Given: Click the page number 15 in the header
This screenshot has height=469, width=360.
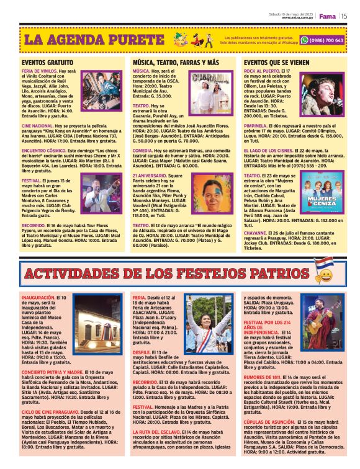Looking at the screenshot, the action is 344,16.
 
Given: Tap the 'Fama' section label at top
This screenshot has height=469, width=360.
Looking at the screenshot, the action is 327,16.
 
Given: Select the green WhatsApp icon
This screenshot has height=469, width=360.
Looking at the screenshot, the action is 304,40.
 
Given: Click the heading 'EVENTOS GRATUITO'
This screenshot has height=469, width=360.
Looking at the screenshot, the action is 47,63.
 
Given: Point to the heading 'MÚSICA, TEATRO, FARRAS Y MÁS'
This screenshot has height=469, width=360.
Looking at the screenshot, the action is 176,63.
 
